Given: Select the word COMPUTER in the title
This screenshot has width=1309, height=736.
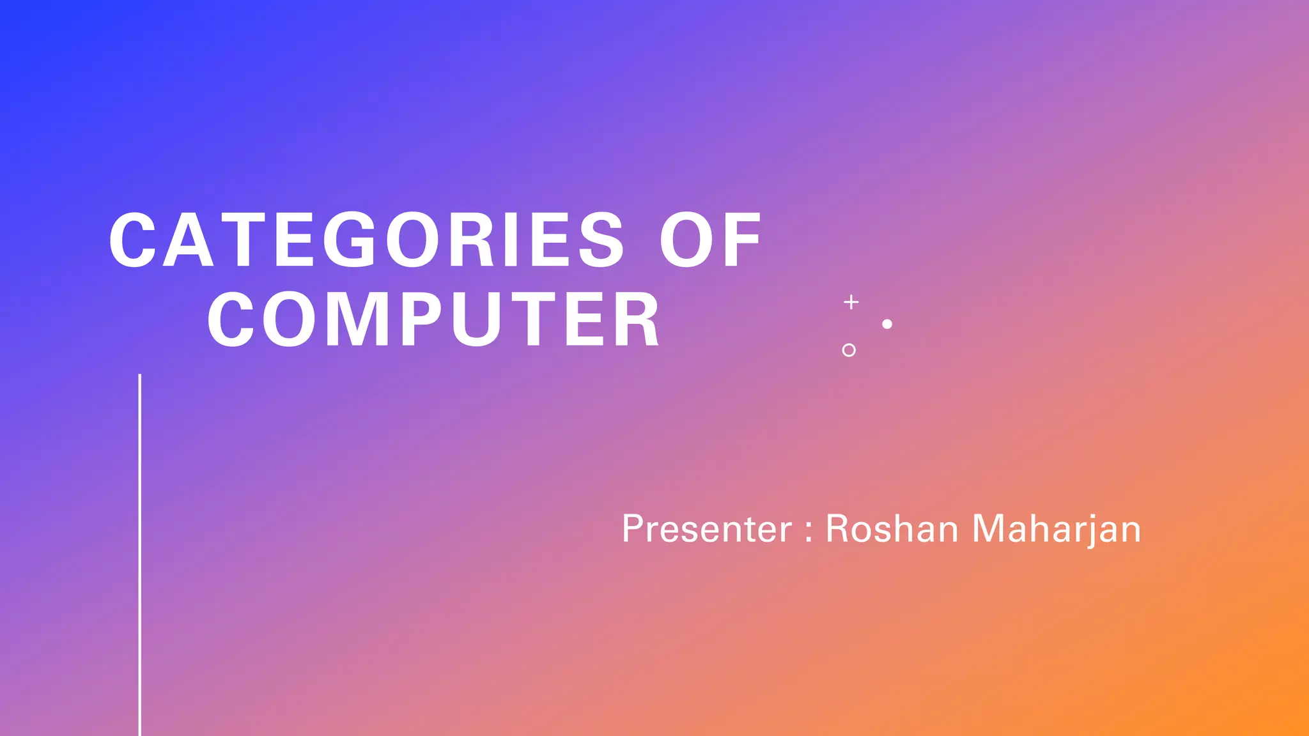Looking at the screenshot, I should tap(433, 319).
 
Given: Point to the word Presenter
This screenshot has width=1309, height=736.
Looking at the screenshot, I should tap(706, 529).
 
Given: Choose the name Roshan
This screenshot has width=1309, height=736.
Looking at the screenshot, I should tap(892, 529).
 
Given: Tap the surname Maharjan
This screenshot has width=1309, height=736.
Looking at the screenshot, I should tap(1056, 529).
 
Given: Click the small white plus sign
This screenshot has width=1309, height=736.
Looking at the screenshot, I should tap(851, 302).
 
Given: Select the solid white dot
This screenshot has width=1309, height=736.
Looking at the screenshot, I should tap(887, 324).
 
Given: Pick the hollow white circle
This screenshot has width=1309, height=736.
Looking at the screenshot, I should tap(849, 350).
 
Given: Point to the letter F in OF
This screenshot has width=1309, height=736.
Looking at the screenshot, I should tap(741, 240).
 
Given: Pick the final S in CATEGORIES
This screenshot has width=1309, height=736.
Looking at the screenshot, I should tap(600, 240).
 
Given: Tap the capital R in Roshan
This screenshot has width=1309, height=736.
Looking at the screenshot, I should tap(838, 529).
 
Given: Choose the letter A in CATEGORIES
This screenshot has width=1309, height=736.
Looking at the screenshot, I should tap(187, 240).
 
